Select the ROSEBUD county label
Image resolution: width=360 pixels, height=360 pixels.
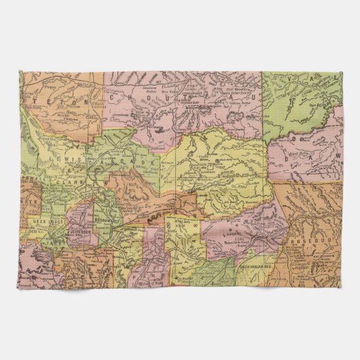pos(311,241)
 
